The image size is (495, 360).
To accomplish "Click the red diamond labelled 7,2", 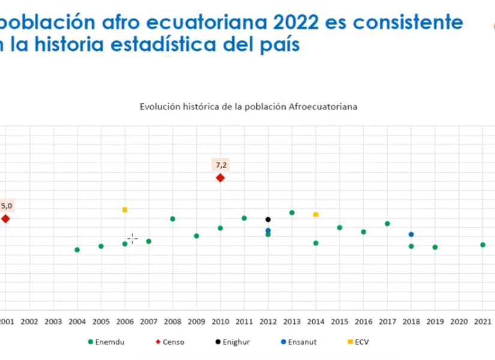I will click(220, 178).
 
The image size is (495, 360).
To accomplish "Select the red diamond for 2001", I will click(5, 219).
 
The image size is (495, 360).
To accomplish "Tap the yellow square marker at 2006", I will click(125, 209).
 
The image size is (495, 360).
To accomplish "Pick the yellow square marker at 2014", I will click(316, 214).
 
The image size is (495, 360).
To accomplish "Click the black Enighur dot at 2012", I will click(268, 220).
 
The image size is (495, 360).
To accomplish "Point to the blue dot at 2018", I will click(411, 235).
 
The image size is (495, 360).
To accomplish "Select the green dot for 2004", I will click(77, 250).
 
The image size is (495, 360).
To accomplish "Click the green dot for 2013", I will click(292, 212).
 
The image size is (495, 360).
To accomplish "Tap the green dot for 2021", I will click(482, 245).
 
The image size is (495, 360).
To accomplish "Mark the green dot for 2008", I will click(173, 218).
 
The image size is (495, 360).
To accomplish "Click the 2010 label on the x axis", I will click(220, 322).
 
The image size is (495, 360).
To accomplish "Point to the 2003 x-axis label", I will click(53, 322).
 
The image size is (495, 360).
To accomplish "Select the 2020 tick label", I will click(458, 322).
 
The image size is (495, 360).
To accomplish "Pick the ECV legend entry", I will click(359, 342).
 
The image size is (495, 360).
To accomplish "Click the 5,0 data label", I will click(6, 206).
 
